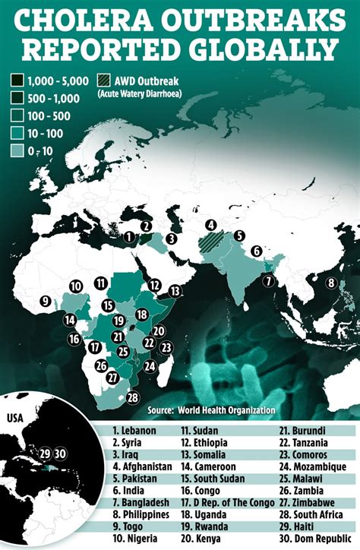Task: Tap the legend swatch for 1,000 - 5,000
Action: (16, 80)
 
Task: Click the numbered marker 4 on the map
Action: (212, 225)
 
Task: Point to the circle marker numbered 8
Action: (331, 283)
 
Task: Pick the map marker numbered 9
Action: (46, 302)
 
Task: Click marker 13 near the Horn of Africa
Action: (176, 290)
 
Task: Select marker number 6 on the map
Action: (257, 251)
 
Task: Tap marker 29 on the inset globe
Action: (45, 454)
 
